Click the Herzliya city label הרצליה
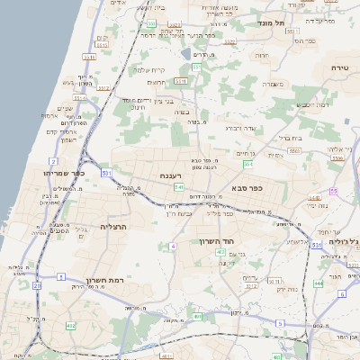(x=115, y=226)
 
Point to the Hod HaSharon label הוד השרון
(x=215, y=242)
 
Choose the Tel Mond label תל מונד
(x=270, y=22)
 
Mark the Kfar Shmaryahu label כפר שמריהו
(x=63, y=171)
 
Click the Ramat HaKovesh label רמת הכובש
(x=310, y=106)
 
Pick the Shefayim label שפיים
(x=65, y=109)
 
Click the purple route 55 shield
(x=333, y=191)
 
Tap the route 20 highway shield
(x=37, y=285)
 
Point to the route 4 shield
(x=172, y=245)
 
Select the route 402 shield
(x=220, y=253)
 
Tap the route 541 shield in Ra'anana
(x=180, y=187)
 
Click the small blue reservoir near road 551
(x=185, y=53)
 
